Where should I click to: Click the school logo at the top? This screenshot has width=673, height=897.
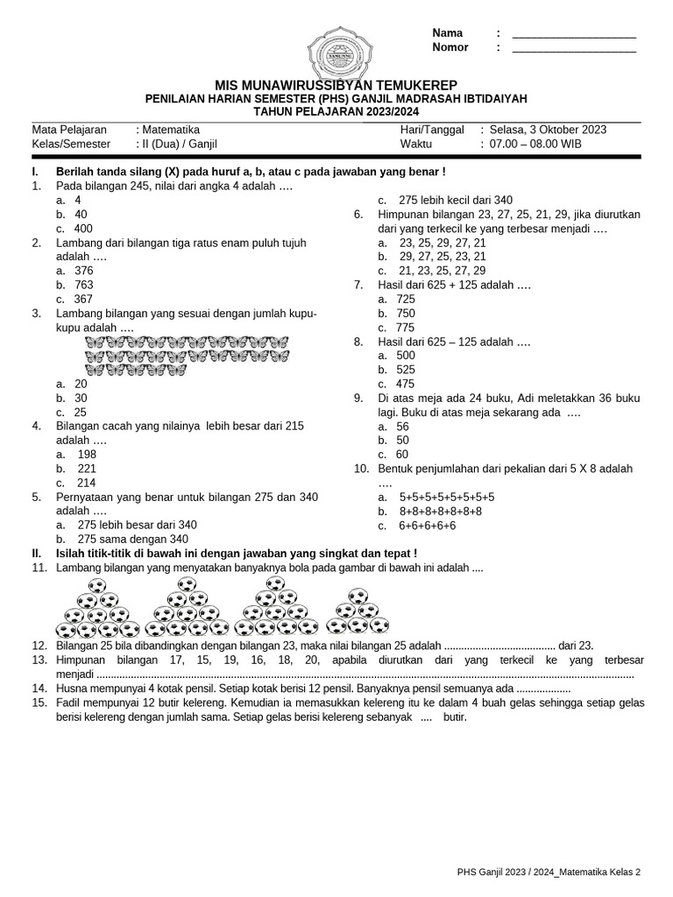336,54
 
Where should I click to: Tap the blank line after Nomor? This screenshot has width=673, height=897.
574,48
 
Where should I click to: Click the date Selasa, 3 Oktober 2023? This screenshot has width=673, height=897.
548,130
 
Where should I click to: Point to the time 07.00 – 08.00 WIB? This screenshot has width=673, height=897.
535,144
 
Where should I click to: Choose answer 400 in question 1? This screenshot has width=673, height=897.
84,229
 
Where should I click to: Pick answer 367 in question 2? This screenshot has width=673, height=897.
84,299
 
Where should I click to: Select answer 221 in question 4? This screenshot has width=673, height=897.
87,469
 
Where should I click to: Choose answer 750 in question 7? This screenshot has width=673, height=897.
406,313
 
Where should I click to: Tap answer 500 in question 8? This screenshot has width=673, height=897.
406,356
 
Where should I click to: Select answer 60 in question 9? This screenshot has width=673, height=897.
402,454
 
